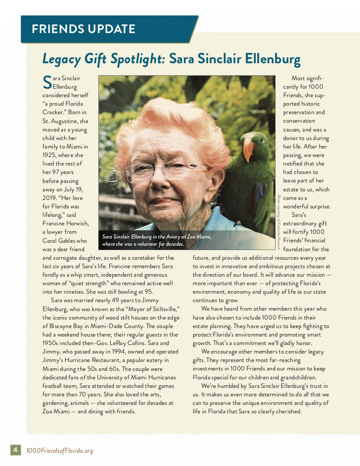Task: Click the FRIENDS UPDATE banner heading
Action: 83,29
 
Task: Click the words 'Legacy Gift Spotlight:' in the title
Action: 104,59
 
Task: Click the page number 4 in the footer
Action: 15,450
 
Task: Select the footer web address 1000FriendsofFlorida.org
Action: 59,450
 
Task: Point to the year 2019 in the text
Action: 51,198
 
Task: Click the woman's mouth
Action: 164,200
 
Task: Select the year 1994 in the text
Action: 118,352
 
